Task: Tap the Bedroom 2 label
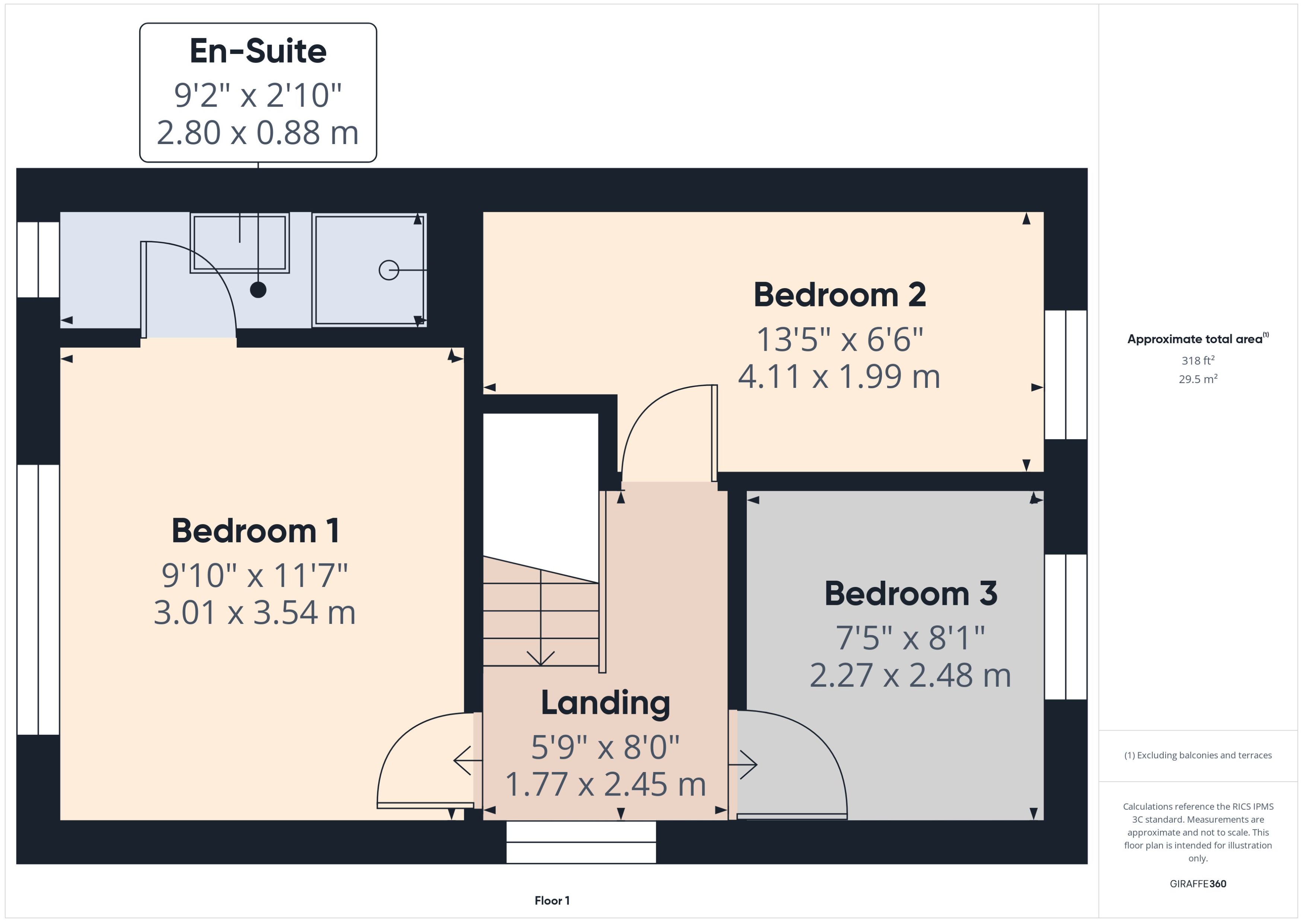tap(839, 295)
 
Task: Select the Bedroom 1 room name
tap(255, 531)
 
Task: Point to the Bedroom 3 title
tap(910, 593)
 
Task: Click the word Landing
tap(605, 703)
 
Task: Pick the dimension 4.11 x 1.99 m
tap(839, 376)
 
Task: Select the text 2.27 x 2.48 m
tap(910, 676)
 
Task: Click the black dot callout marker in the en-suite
tap(258, 290)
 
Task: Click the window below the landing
tap(581, 842)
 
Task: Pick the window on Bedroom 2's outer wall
tap(1065, 375)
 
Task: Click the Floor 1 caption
tap(552, 900)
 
